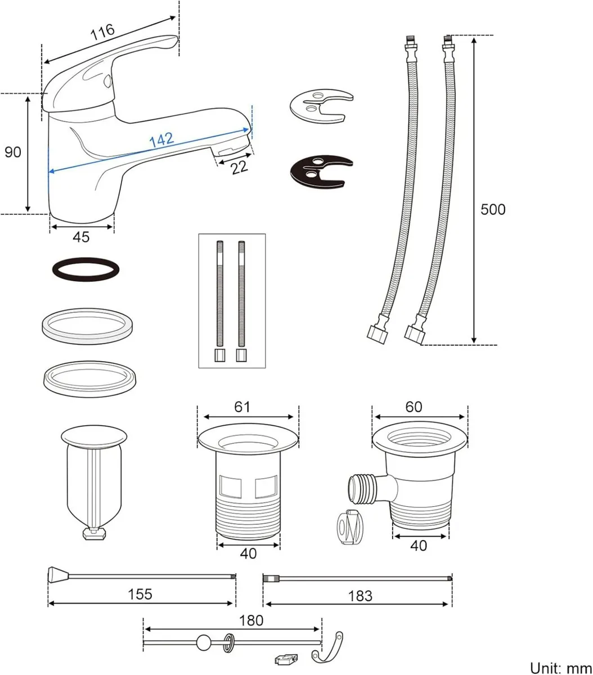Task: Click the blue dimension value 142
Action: pyautogui.click(x=161, y=140)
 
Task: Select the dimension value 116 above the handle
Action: pyautogui.click(x=102, y=30)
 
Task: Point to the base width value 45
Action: pyautogui.click(x=81, y=237)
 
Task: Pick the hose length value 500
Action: pyautogui.click(x=493, y=210)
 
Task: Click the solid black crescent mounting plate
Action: pyautogui.click(x=320, y=172)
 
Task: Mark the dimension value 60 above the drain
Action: pyautogui.click(x=414, y=406)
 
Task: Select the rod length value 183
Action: pyautogui.click(x=360, y=596)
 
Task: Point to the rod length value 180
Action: pyautogui.click(x=251, y=620)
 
